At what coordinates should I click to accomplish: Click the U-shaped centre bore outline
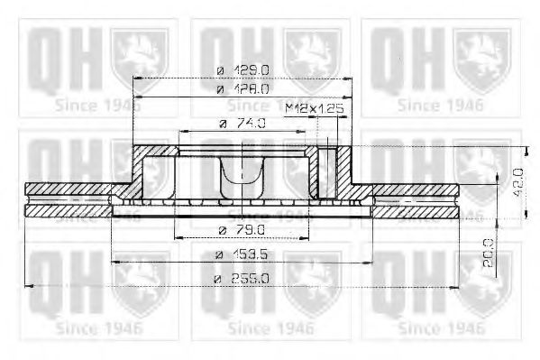(x=244, y=180)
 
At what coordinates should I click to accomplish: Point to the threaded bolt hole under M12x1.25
(x=328, y=171)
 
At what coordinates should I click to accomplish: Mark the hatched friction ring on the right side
(x=415, y=199)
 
